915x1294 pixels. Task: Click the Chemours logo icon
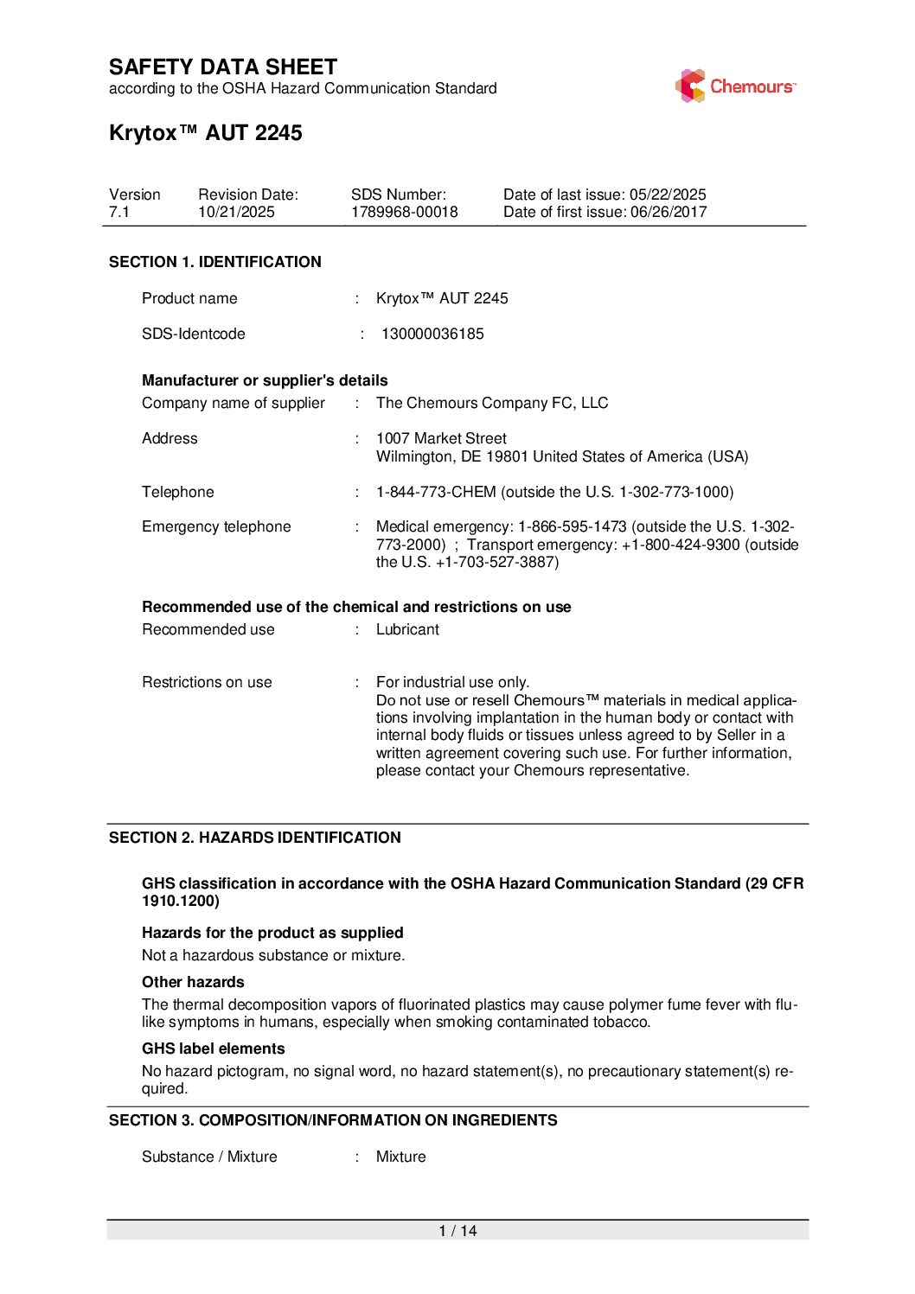click(x=690, y=86)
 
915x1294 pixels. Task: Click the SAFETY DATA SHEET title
click(x=223, y=67)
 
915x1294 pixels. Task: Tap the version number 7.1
click(x=119, y=213)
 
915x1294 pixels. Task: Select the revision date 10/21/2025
click(x=236, y=213)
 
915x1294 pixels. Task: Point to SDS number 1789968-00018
click(x=404, y=213)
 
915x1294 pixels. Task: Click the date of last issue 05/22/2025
click(x=668, y=194)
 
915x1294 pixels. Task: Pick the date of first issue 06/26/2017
click(x=669, y=213)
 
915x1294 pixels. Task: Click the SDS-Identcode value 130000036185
click(x=432, y=334)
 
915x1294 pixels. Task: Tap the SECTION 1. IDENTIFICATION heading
click(x=215, y=262)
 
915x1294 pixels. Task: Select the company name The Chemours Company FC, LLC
click(x=492, y=403)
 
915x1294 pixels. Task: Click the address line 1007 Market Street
click(x=441, y=438)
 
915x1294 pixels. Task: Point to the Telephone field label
click(x=178, y=492)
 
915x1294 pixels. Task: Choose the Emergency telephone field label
click(x=216, y=526)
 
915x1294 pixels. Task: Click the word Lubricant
click(x=407, y=629)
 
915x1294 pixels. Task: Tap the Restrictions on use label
click(x=207, y=682)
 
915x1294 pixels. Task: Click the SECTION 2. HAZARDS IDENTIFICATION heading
click(x=255, y=838)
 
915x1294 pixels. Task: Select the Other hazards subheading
click(x=193, y=982)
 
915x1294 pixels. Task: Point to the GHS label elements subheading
click(x=214, y=1049)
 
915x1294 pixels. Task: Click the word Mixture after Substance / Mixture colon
click(x=400, y=1157)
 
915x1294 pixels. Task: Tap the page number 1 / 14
click(x=457, y=1231)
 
